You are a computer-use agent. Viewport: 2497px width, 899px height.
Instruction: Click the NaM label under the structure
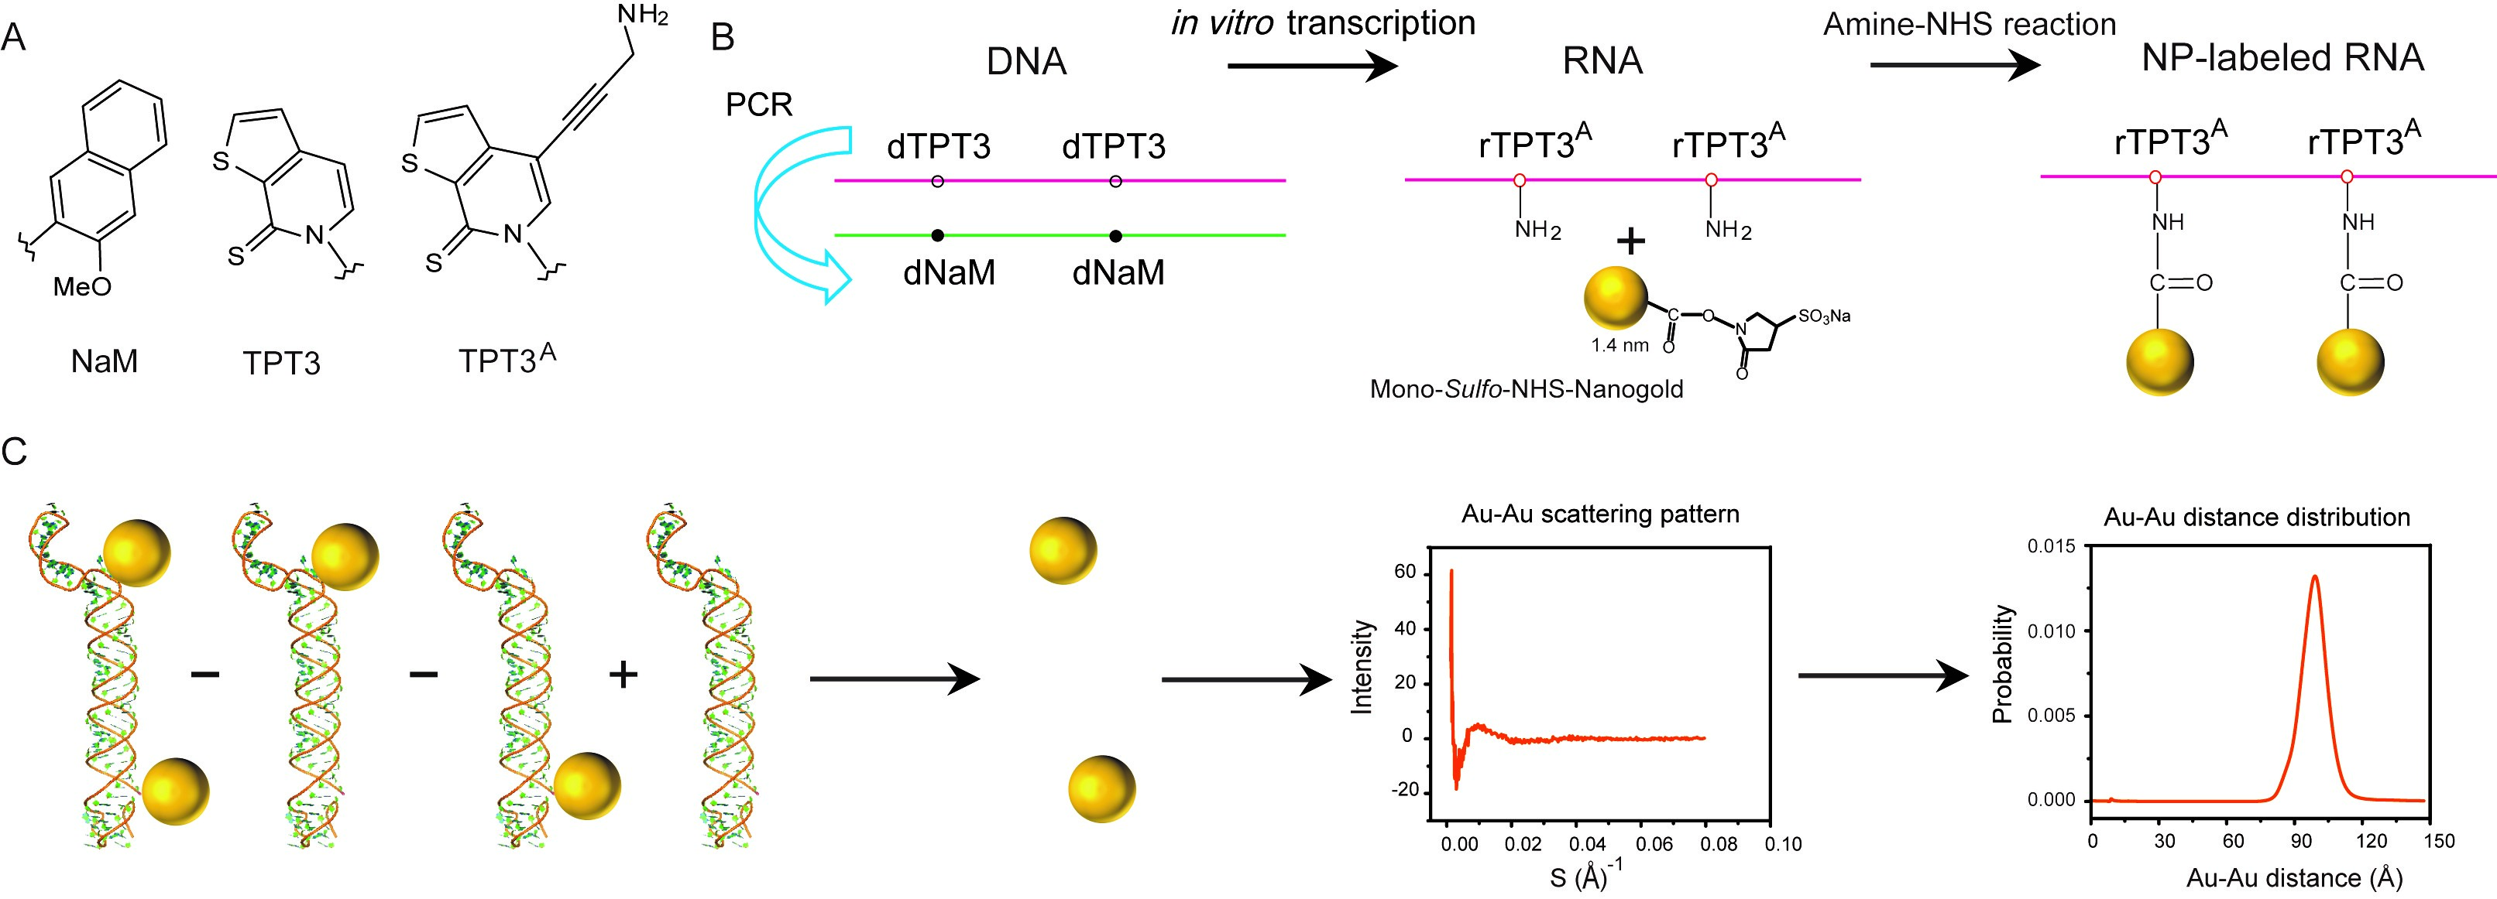tap(105, 361)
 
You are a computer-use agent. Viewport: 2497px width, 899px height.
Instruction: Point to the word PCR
tap(759, 104)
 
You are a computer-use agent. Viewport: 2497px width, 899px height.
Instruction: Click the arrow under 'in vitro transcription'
tap(1313, 66)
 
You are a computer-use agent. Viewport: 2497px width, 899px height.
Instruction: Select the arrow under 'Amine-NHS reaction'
tap(1955, 65)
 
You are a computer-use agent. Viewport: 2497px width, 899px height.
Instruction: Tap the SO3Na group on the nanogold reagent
tap(1824, 316)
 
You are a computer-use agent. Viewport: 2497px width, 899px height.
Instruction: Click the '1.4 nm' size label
tap(1619, 344)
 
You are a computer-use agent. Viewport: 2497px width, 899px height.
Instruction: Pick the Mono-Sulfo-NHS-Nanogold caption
tap(1526, 389)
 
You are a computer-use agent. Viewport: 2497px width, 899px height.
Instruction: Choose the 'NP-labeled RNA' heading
tap(2282, 58)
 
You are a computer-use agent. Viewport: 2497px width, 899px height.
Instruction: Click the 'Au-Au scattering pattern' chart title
tap(1600, 514)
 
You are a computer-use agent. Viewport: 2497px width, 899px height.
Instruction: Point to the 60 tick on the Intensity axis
tap(1405, 573)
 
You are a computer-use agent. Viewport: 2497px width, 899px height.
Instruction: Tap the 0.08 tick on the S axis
tap(1719, 844)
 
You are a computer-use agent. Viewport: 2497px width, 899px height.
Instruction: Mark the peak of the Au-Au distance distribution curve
tap(2315, 576)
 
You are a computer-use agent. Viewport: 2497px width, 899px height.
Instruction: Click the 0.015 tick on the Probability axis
tap(2052, 546)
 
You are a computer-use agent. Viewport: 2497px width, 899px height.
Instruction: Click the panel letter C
tap(15, 452)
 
